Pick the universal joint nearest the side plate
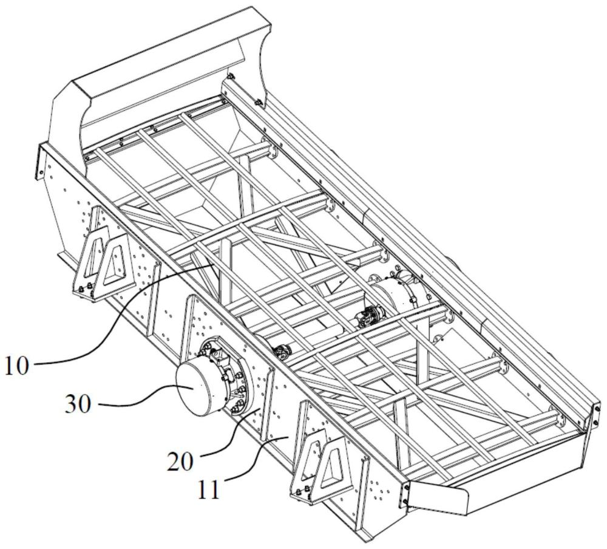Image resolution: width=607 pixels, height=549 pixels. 282,352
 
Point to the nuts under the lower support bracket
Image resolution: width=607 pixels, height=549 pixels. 303,493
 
